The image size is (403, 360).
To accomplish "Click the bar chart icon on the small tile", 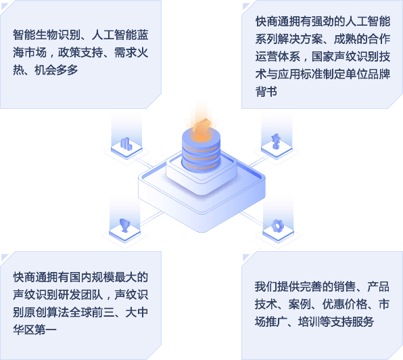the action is pos(126,143).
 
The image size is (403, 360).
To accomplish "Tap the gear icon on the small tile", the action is pos(277,226).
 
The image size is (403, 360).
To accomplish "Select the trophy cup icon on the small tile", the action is pos(124,225).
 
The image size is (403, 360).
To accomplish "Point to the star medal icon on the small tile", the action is pos(276,141).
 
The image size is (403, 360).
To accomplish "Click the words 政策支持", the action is pos(80,53).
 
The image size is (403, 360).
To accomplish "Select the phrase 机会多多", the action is pos(56,70).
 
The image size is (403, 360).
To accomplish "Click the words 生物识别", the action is pos(58,35).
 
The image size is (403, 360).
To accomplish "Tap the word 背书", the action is pos(266,91).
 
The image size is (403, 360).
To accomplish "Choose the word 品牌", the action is pos(379,74).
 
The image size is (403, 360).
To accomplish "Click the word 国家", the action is pos(323,57).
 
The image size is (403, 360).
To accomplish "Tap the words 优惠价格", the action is pos(345,305).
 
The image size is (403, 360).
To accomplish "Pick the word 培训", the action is pos(309,321).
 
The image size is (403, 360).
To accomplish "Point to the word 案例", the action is pos(300,305).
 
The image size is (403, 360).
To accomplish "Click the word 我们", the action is pos(266,287).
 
